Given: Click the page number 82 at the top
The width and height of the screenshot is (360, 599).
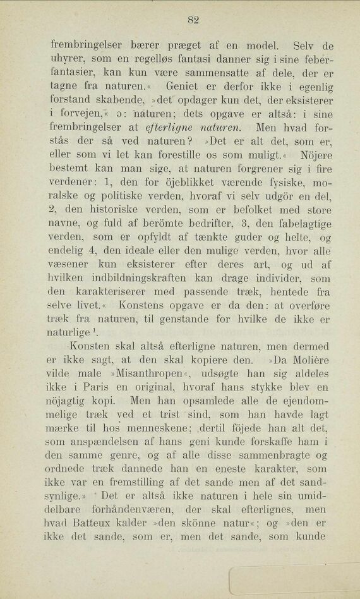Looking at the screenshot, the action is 193,20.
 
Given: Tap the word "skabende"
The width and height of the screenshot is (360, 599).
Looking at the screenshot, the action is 128,100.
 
